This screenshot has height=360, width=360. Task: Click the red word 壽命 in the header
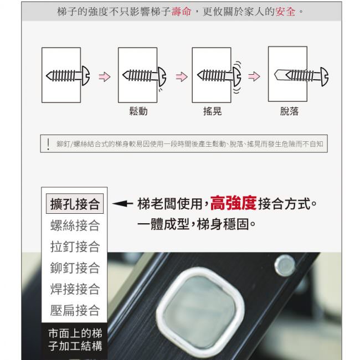point(181,12)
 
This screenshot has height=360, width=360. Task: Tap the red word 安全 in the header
point(285,12)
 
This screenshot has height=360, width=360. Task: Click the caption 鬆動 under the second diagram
point(138,111)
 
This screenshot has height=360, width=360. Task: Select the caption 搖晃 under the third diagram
point(212,111)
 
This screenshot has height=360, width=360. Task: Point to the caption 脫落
point(289,111)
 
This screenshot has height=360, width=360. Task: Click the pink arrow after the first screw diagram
point(105,76)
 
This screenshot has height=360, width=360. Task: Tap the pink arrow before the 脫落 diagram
point(254,76)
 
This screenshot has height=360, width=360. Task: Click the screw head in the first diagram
point(86,76)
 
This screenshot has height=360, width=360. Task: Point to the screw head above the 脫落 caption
point(325,76)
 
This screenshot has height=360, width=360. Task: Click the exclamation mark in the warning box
point(48,144)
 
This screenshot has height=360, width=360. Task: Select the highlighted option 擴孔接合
point(75,204)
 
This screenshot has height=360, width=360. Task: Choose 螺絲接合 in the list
point(75,225)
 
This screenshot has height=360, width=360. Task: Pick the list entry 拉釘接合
point(75,246)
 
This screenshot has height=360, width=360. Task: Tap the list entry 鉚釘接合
point(75,268)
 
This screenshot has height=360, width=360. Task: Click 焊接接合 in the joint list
point(75,289)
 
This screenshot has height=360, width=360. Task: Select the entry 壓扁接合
point(75,310)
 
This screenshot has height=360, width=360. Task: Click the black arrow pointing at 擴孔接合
point(122,203)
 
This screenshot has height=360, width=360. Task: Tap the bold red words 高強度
point(233,203)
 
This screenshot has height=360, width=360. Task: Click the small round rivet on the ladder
point(285,266)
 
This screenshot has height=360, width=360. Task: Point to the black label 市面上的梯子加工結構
point(75,340)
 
